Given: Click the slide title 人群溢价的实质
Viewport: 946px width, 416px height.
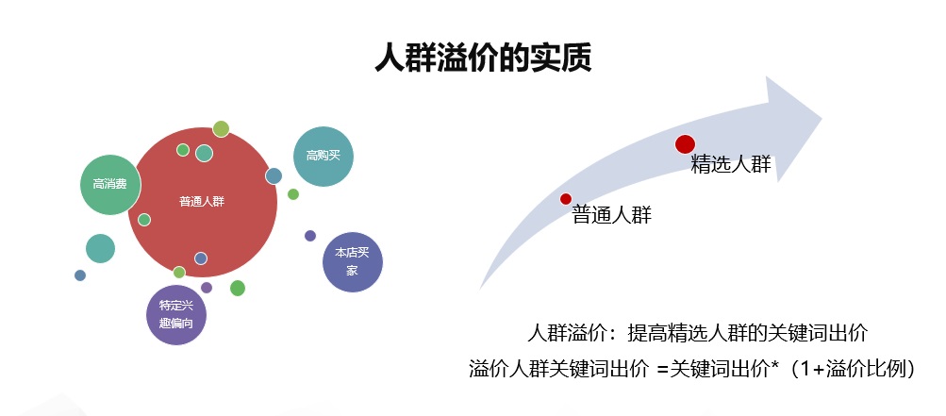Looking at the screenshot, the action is point(483,58).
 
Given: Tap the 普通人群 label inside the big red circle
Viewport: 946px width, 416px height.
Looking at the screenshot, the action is point(202,202).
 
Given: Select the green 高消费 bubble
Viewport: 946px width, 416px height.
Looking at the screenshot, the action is point(109,185).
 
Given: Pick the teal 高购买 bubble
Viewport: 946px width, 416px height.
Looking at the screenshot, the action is point(324,157).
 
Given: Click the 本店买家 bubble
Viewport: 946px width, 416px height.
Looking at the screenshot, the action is point(353,262).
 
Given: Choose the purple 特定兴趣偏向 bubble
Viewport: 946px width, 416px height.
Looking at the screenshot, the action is point(176,315).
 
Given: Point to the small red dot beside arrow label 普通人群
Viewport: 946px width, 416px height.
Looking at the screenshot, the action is point(565,199).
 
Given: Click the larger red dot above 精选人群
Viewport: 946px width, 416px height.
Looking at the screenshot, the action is point(686,144).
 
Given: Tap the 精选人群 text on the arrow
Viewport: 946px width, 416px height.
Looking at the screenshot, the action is point(731,165).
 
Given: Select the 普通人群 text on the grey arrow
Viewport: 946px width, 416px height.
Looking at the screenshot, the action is point(612,215).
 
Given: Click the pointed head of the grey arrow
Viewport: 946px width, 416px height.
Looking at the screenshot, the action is point(822,117).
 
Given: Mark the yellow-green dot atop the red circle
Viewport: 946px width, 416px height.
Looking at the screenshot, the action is point(221,128).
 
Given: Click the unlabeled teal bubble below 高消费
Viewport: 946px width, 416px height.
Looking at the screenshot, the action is point(100,248).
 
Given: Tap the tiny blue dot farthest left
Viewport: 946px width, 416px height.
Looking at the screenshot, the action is point(80,275).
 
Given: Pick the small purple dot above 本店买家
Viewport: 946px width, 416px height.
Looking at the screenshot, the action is point(310,236).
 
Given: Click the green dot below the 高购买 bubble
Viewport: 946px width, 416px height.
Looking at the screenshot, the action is point(293,194).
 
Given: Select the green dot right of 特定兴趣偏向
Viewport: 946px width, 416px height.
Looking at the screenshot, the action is point(238,288).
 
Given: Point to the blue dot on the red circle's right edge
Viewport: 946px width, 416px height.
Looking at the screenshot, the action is point(274,175).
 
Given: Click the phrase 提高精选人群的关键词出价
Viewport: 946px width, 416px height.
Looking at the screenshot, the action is point(748,333).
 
